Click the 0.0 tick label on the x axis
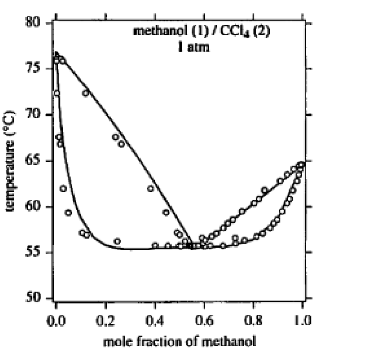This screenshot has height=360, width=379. tap(56, 321)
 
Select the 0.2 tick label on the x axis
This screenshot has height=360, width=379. tap(105, 321)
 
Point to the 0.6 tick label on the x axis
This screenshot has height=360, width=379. tap(204, 321)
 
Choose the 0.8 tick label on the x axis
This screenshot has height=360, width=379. tap(253, 321)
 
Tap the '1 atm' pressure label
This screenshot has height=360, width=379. tap(194, 47)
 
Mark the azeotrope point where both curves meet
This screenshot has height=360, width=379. tap(192, 246)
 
